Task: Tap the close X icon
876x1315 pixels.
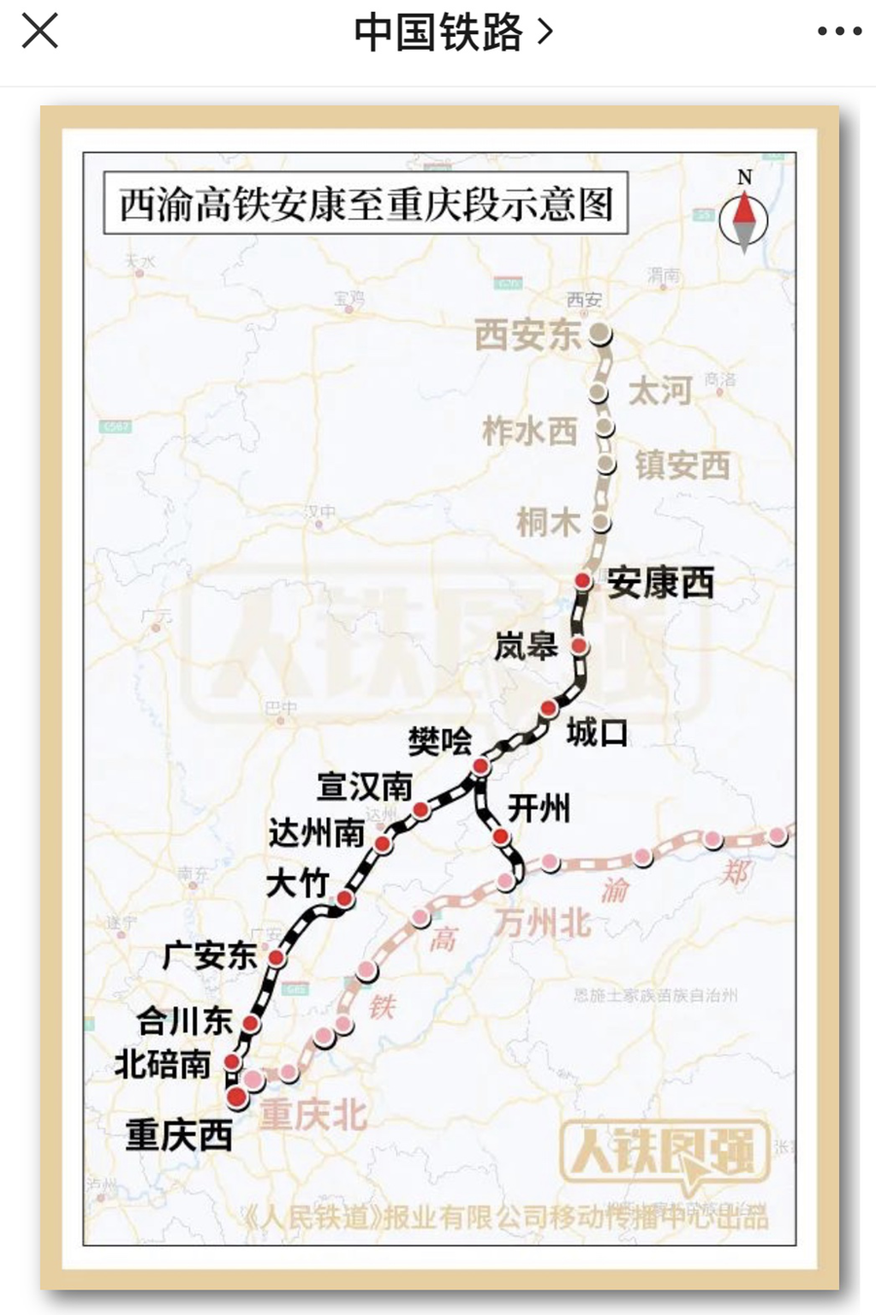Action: click(40, 31)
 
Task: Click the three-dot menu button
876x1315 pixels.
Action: click(839, 32)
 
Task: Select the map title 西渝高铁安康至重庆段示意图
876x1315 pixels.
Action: click(366, 204)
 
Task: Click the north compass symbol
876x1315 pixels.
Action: click(744, 217)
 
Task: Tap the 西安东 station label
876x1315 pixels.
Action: click(528, 336)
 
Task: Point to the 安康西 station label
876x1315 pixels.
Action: click(661, 583)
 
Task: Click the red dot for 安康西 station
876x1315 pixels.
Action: click(582, 581)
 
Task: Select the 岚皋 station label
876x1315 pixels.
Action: click(526, 645)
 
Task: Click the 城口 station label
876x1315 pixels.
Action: click(597, 732)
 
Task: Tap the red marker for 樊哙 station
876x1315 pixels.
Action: click(480, 767)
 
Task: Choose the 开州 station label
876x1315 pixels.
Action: click(539, 808)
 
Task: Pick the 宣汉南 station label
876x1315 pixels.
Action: click(365, 786)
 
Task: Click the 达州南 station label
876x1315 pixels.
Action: click(316, 833)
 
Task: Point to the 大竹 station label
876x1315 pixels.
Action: click(297, 884)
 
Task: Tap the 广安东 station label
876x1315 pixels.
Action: click(209, 956)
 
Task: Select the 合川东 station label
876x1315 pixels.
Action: click(184, 1021)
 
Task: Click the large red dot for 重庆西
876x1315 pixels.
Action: click(237, 1097)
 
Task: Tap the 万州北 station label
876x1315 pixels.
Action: click(542, 922)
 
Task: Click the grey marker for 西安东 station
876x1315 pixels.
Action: click(601, 334)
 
